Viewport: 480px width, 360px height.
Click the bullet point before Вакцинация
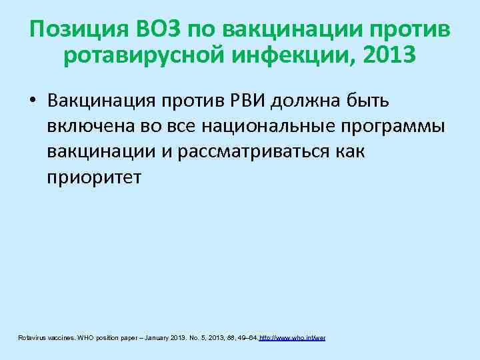pos(33,101)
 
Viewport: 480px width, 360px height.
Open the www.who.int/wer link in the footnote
pos(292,339)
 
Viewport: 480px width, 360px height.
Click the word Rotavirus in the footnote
pos(31,339)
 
